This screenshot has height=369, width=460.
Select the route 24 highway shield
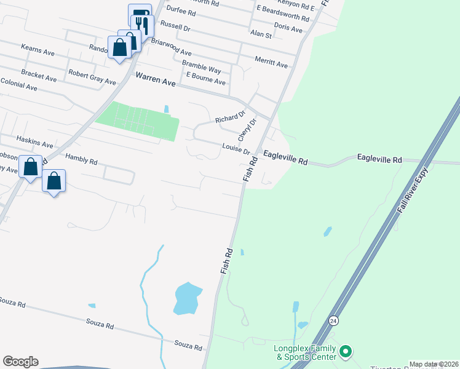[333, 320]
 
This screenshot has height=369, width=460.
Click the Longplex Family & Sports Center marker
[345, 352]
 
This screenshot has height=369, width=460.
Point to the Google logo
[20, 362]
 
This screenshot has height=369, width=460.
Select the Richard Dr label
[230, 117]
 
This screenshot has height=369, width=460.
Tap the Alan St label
[261, 34]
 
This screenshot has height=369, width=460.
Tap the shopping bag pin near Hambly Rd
[54, 181]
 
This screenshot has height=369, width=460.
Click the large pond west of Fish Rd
[187, 298]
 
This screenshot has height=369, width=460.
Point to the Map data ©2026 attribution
[434, 364]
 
